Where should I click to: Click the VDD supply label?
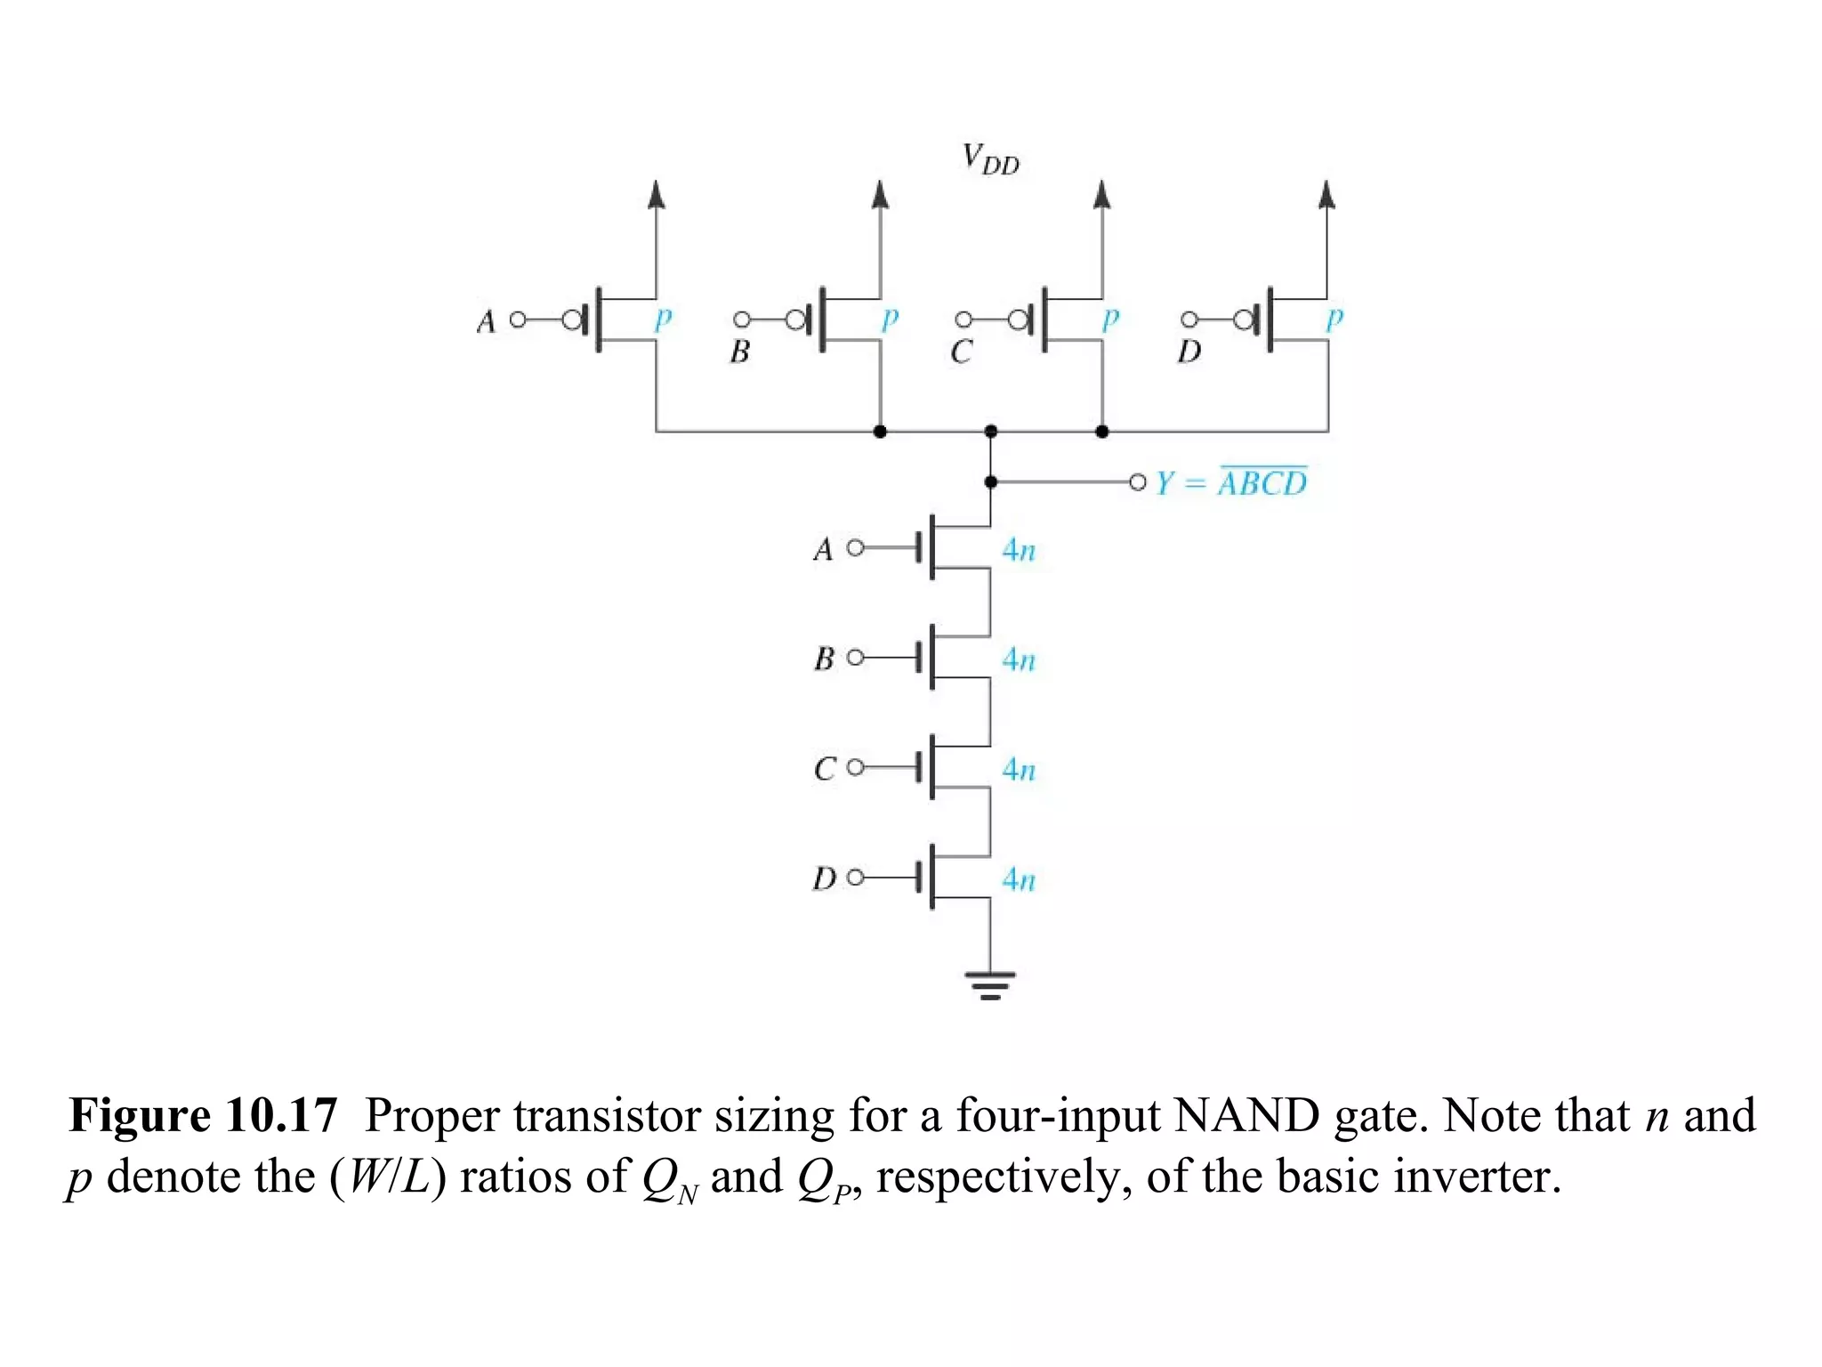tap(990, 160)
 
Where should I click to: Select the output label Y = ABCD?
tap(1231, 482)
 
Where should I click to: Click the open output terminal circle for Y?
tap(1137, 482)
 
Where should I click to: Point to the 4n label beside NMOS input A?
tap(1019, 550)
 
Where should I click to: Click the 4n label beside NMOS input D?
tap(1019, 879)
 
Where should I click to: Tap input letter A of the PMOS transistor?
tap(486, 321)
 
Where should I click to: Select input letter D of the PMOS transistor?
tap(1189, 352)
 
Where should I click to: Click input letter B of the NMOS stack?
tap(824, 659)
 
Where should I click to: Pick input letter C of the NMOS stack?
tap(824, 768)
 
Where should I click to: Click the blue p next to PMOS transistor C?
tap(1109, 319)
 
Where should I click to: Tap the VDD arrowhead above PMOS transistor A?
tap(657, 194)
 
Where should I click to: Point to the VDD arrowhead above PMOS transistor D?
tap(1326, 194)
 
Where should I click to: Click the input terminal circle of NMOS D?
tap(855, 878)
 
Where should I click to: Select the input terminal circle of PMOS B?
tap(741, 320)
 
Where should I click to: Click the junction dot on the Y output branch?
tap(990, 481)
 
